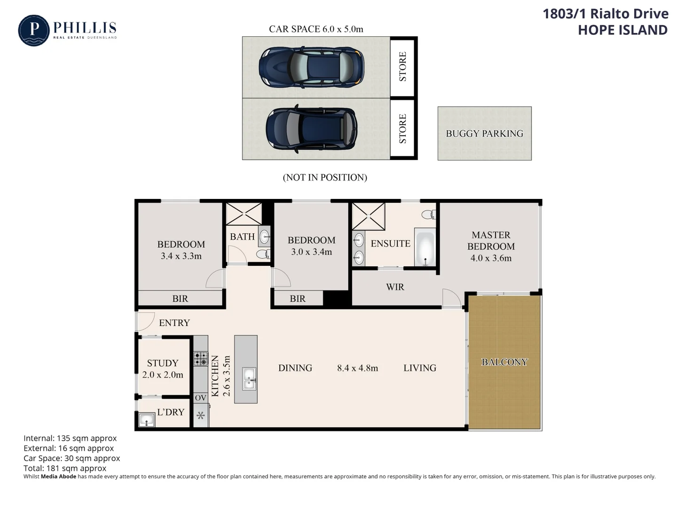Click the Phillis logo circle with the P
point(33,30)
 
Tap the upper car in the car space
point(311,67)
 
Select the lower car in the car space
point(311,128)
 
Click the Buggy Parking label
point(484,134)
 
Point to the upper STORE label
point(403,67)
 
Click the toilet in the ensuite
point(428,214)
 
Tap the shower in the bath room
point(244,214)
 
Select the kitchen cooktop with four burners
point(201,359)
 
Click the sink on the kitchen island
point(249,379)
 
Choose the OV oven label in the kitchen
point(201,398)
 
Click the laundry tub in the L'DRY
point(147,420)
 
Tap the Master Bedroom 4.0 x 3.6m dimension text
point(491,258)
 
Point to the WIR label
point(395,287)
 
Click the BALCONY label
point(504,362)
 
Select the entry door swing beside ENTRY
point(145,321)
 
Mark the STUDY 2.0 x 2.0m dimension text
point(163,375)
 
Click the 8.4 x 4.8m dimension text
point(357,368)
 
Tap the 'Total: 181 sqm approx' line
point(65,468)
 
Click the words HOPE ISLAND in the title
point(622,30)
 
